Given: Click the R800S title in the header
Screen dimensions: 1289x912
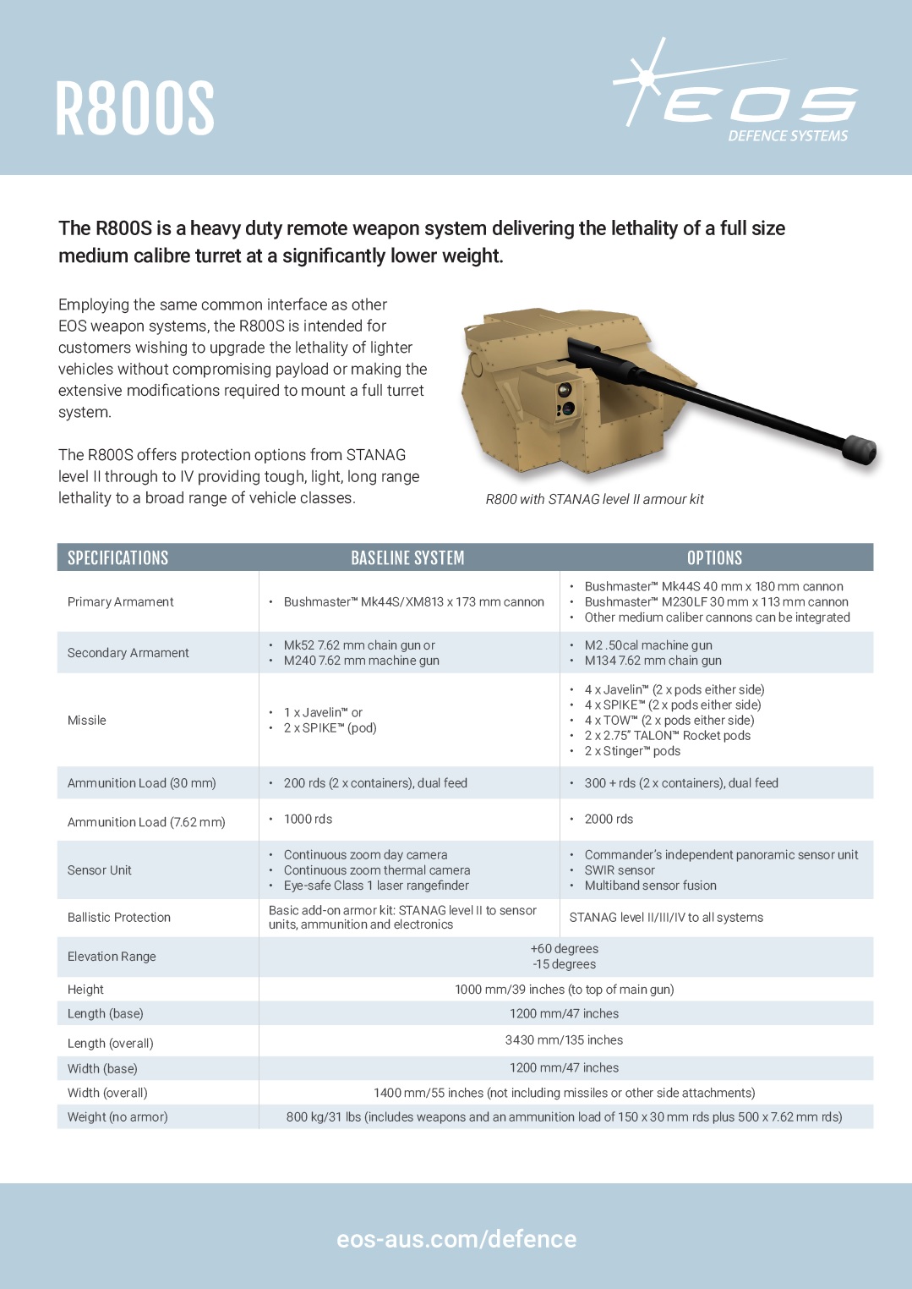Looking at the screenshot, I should point(135,108).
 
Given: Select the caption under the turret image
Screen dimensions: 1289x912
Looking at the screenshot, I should point(594,499).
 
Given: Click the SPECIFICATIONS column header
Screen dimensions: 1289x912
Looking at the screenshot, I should point(118,557).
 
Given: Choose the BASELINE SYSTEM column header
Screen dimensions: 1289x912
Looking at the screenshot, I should point(407,557).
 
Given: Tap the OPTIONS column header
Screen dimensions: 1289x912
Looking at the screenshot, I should point(714,557).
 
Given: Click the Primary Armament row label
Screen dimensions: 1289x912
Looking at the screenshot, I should point(121,601).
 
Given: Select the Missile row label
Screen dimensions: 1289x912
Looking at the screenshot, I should point(87,720).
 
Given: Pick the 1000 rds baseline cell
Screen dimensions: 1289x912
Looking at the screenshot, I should point(308,819).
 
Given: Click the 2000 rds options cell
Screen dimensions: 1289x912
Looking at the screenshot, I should point(609,819).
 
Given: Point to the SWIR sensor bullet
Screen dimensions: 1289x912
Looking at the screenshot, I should point(620,869).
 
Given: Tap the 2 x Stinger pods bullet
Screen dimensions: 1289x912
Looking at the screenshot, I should point(632,750).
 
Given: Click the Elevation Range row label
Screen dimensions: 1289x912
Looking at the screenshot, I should point(112,956).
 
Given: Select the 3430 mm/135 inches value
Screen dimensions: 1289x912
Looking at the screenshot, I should point(564,1039).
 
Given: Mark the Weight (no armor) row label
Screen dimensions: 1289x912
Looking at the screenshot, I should point(117,1116).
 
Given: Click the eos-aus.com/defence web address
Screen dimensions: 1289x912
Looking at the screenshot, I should point(456,1239).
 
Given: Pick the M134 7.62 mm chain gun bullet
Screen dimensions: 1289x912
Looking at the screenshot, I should point(653,660).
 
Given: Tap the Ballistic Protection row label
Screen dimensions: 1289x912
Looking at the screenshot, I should point(119,917).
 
